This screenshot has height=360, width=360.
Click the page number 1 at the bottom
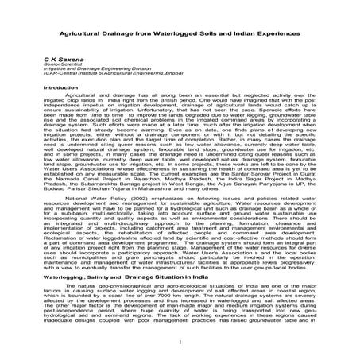180,350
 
